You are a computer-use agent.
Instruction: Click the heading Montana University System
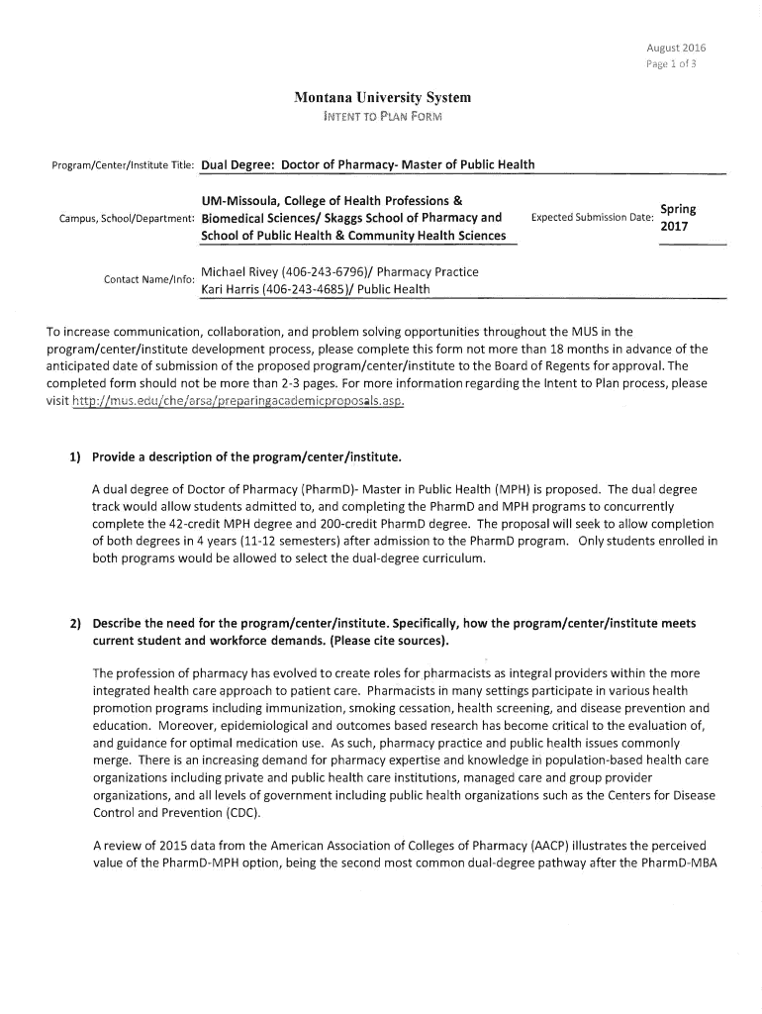click(x=382, y=97)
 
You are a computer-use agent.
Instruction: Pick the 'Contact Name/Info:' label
click(x=147, y=280)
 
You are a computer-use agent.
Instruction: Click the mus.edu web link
click(x=238, y=401)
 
